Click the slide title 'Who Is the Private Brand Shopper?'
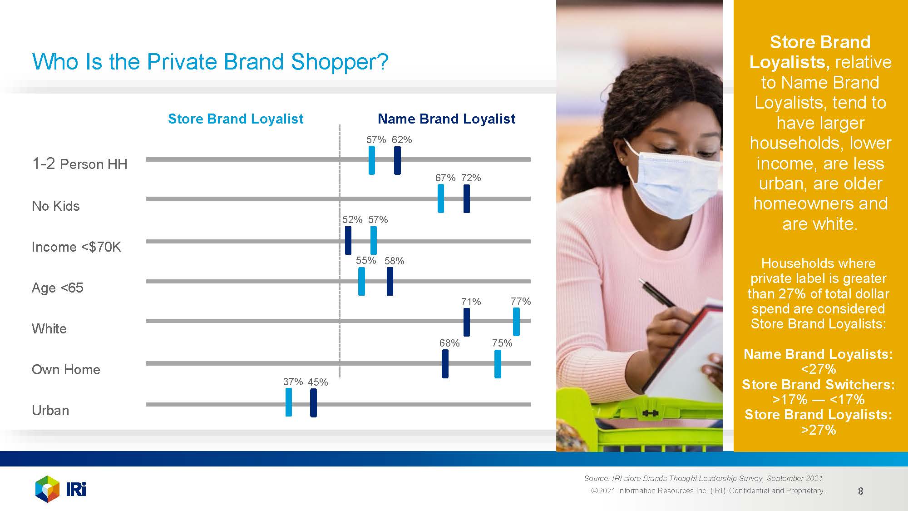[210, 62]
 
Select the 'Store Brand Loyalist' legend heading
[236, 119]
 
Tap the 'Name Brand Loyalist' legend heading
[446, 119]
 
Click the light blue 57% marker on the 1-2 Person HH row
[372, 160]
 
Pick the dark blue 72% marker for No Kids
[467, 198]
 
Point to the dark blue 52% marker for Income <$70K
[348, 240]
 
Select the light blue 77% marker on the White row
[516, 322]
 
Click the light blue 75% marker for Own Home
[498, 364]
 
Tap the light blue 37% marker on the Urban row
[289, 402]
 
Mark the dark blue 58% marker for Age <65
[390, 281]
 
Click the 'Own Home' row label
[66, 370]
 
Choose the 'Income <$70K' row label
[77, 247]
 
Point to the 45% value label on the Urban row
[318, 382]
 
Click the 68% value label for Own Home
[449, 343]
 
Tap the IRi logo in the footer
[61, 489]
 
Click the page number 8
[860, 491]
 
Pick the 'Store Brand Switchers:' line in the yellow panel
[818, 385]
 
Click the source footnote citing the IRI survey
[704, 478]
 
